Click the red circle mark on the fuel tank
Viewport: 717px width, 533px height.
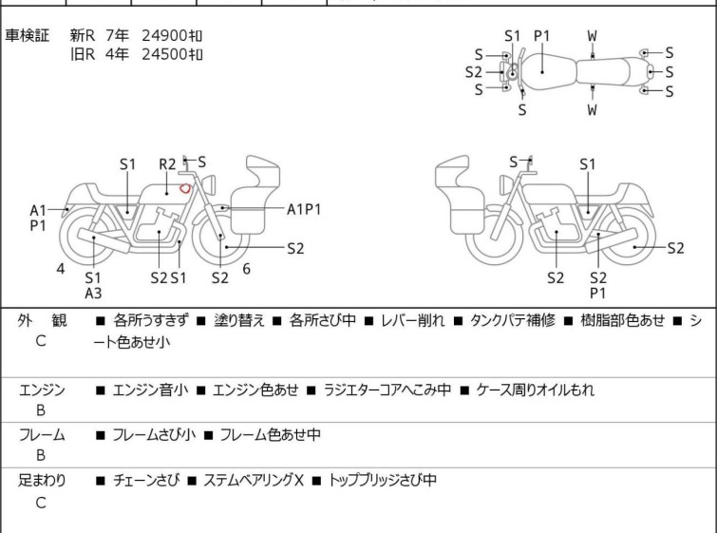tap(185, 187)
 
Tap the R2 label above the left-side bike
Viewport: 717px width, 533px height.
tap(167, 164)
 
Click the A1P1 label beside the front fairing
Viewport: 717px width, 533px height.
tap(304, 210)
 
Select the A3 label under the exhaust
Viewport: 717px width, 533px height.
tap(93, 294)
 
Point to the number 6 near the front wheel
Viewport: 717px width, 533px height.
tap(247, 269)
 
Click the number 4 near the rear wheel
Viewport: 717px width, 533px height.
tap(61, 269)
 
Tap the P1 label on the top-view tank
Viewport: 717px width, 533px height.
tap(542, 36)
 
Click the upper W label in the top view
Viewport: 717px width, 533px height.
tap(593, 36)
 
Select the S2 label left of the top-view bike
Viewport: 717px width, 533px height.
tap(474, 72)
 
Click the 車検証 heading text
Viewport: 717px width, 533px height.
tap(27, 35)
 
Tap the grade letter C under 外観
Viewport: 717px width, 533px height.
tap(41, 341)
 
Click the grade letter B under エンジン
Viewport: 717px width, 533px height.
tap(41, 410)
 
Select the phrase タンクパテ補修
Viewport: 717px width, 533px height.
tap(513, 320)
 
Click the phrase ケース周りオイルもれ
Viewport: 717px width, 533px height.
tap(535, 390)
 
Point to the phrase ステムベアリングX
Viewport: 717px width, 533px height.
tap(254, 480)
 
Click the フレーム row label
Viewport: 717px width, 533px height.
tap(42, 434)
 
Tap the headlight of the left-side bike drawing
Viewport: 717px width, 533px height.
tap(209, 185)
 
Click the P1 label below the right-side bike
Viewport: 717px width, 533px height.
tap(598, 294)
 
